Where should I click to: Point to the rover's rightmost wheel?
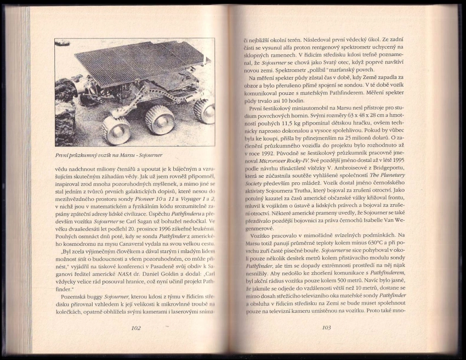pyautogui.click(x=204, y=110)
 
